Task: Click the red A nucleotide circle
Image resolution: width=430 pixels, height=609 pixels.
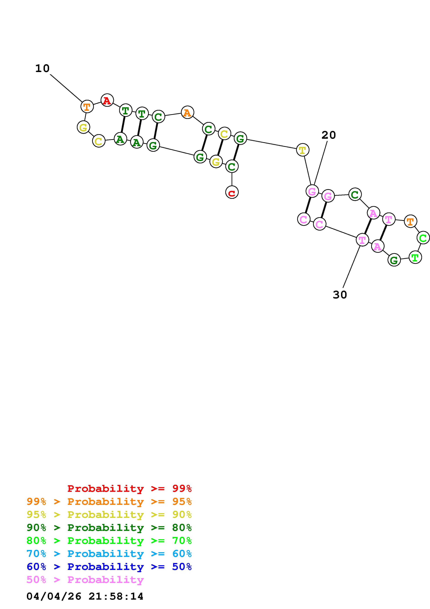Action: click(107, 100)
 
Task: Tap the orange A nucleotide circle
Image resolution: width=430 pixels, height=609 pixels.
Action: click(187, 112)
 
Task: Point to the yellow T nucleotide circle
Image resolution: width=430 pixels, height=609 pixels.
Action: click(302, 150)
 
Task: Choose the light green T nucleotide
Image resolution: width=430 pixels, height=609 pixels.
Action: click(415, 257)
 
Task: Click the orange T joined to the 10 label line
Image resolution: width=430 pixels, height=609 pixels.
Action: click(87, 107)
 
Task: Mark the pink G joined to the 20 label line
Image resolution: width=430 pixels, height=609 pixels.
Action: click(312, 191)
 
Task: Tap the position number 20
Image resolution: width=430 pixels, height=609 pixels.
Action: click(329, 135)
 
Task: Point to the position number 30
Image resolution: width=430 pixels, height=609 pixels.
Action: click(340, 295)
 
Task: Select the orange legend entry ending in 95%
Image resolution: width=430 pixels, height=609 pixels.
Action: click(109, 501)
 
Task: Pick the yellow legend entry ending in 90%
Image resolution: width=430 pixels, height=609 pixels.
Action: click(109, 514)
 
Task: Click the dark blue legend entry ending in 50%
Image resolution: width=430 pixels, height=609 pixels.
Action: click(109, 567)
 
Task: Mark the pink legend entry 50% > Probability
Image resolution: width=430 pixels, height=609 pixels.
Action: click(85, 579)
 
